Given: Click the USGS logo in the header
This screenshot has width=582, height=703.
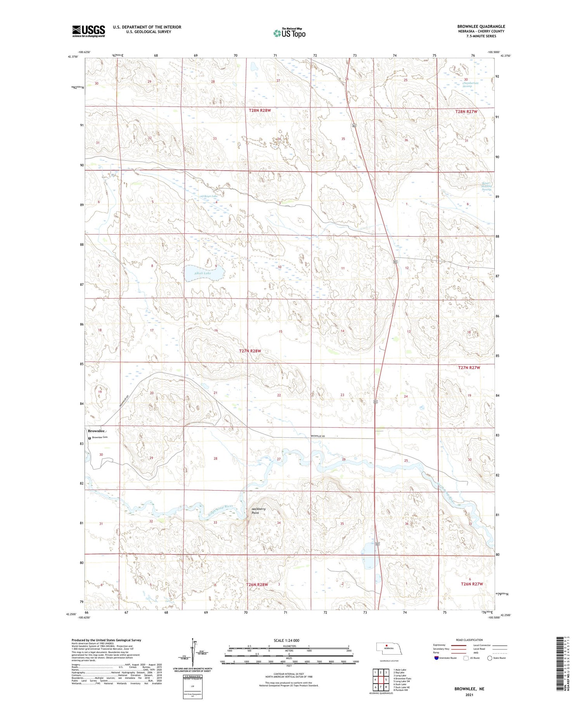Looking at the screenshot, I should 88,31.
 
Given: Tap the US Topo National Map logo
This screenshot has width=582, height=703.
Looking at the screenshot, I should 289,33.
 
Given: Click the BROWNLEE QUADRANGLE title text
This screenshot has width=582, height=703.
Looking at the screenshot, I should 481,26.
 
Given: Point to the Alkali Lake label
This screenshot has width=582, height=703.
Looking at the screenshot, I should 202,273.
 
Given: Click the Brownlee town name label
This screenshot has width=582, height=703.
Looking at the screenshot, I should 96,431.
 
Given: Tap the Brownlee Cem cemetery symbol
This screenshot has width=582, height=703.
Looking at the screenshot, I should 90,438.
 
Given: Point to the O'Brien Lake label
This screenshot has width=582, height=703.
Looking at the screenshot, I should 209,196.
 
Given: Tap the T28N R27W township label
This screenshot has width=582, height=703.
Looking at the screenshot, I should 466,111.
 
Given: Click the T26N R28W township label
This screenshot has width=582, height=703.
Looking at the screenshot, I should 257,584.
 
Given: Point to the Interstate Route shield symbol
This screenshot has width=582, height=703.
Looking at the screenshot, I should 436,658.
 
